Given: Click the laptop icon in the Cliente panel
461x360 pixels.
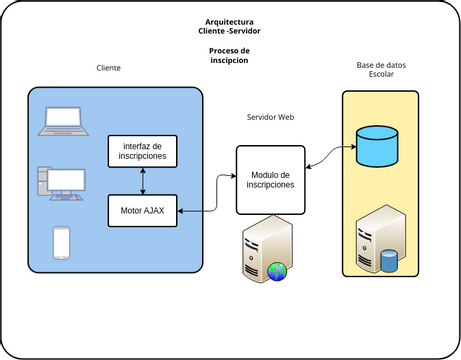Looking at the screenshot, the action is pyautogui.click(x=63, y=121).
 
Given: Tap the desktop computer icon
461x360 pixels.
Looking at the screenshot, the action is pyautogui.click(x=62, y=184).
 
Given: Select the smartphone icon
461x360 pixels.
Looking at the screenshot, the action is pyautogui.click(x=62, y=243).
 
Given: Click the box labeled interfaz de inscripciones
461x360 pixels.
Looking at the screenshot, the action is pyautogui.click(x=143, y=151).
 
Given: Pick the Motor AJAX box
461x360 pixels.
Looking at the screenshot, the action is pyautogui.click(x=143, y=211).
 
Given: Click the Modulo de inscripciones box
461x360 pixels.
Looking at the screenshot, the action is pyautogui.click(x=271, y=180).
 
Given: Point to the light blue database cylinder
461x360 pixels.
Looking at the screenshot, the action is pyautogui.click(x=377, y=146).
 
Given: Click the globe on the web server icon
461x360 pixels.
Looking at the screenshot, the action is pyautogui.click(x=277, y=272).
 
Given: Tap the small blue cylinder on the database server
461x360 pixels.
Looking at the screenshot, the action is pyautogui.click(x=389, y=260).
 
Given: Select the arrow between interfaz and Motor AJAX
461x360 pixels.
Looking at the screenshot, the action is pyautogui.click(x=143, y=181).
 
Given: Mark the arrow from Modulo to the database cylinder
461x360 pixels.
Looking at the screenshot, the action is pyautogui.click(x=330, y=157).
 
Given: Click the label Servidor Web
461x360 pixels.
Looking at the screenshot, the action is pyautogui.click(x=271, y=117).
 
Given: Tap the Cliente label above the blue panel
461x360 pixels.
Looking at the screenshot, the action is pyautogui.click(x=109, y=68).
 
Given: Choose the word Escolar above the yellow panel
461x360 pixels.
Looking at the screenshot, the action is pyautogui.click(x=381, y=74).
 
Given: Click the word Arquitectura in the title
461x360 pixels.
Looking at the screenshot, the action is pyautogui.click(x=229, y=22).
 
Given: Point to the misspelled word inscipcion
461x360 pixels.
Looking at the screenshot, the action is pyautogui.click(x=229, y=60).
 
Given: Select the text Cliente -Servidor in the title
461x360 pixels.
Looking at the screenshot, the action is pyautogui.click(x=229, y=31).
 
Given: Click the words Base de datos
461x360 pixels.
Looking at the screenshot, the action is pyautogui.click(x=381, y=65).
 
